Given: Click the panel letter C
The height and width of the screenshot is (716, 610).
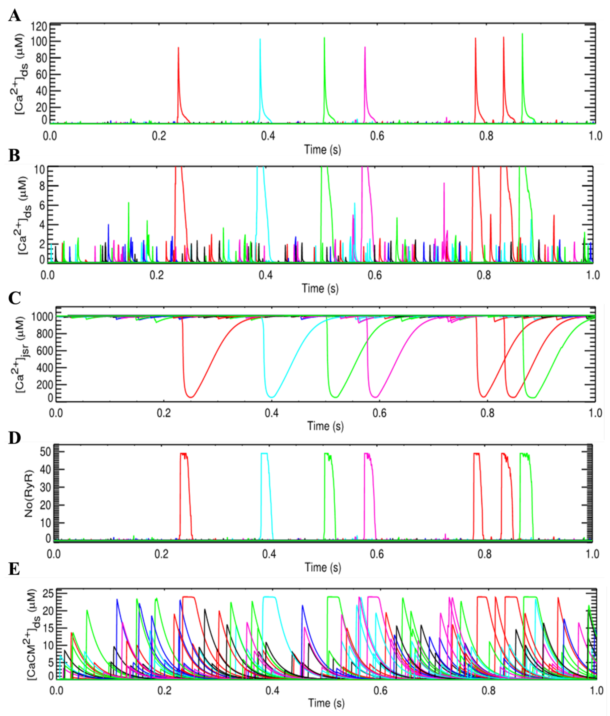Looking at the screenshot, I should pyautogui.click(x=14, y=298).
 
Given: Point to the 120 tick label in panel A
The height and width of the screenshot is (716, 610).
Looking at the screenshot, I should pyautogui.click(x=39, y=27).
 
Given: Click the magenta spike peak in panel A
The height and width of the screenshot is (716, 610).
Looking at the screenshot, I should pyautogui.click(x=365, y=47).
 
